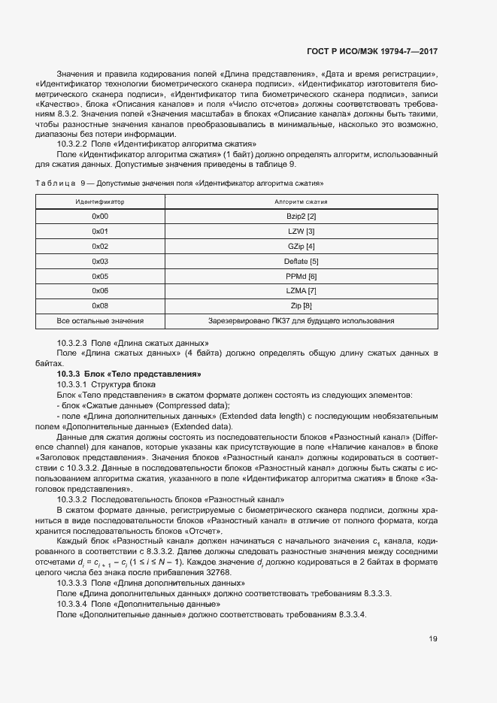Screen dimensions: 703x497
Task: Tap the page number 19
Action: tap(433, 639)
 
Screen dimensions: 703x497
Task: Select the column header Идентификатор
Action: tap(99, 202)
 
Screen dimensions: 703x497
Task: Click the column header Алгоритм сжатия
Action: tap(301, 202)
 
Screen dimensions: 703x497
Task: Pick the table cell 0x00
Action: tap(100, 217)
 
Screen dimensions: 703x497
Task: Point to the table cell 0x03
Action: tap(100, 261)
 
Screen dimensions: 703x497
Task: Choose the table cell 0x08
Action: tap(100, 305)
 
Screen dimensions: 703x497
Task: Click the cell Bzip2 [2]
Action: tap(301, 217)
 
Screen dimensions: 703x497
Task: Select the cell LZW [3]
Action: tap(301, 232)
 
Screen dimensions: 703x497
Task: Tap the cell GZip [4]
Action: tap(301, 246)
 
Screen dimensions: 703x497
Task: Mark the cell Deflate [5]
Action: tap(301, 261)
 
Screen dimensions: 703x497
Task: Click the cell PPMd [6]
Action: tap(301, 276)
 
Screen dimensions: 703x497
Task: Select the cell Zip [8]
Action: tap(301, 305)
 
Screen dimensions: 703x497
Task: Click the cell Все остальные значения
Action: tap(100, 320)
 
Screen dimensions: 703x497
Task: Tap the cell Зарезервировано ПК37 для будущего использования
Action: tap(301, 320)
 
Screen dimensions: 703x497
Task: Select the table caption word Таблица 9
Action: tap(60, 183)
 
